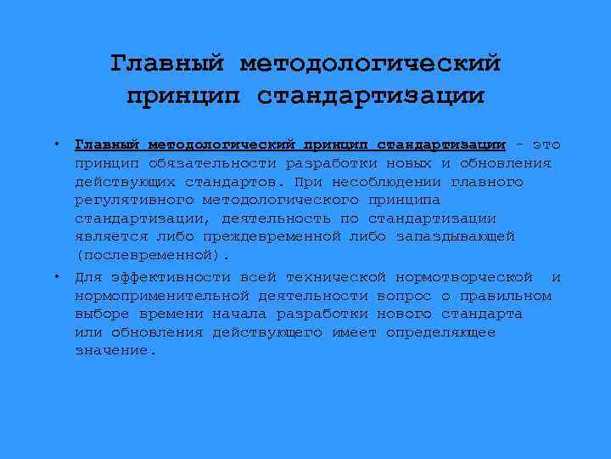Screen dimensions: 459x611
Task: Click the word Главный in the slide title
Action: [x=167, y=64]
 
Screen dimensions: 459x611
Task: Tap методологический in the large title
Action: [x=371, y=64]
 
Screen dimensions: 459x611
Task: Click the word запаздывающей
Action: [x=455, y=236]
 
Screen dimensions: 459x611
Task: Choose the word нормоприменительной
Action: [x=162, y=296]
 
